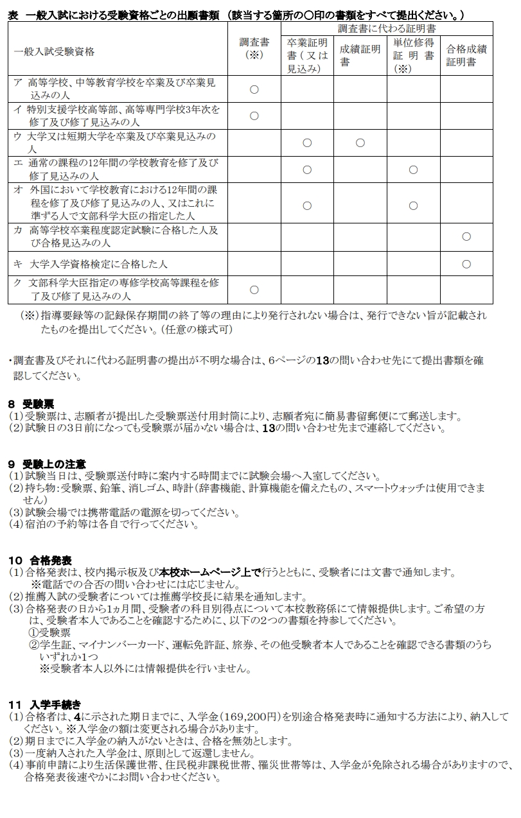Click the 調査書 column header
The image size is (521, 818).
point(254,49)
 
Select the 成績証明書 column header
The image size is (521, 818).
point(359,55)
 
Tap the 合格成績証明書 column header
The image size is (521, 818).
point(466,55)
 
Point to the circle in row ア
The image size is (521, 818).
point(254,89)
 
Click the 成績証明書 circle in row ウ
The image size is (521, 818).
point(360,143)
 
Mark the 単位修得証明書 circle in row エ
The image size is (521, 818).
point(413,170)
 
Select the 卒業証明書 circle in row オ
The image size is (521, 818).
point(306,205)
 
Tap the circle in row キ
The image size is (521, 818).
point(466,264)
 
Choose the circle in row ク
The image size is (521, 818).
point(254,290)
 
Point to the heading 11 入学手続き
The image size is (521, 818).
point(44,704)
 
